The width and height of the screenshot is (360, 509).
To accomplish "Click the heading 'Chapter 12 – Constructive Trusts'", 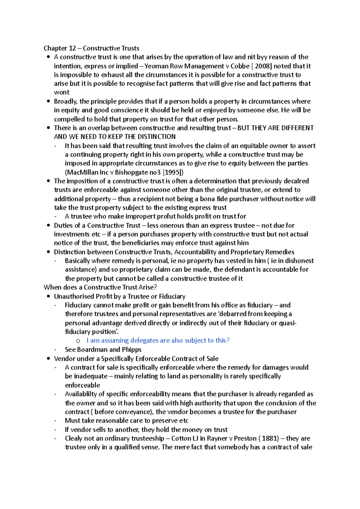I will click(91, 48).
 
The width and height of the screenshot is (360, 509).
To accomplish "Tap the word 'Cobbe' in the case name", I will click(240, 66).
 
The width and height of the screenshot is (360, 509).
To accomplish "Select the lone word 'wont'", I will click(61, 92).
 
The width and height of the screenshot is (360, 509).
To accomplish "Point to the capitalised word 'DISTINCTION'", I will click(157, 137).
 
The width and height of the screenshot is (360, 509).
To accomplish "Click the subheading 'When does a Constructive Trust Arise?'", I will click(100, 287).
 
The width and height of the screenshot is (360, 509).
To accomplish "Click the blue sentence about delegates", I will click(158, 341).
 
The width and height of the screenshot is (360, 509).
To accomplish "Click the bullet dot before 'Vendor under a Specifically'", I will click(48, 359).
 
